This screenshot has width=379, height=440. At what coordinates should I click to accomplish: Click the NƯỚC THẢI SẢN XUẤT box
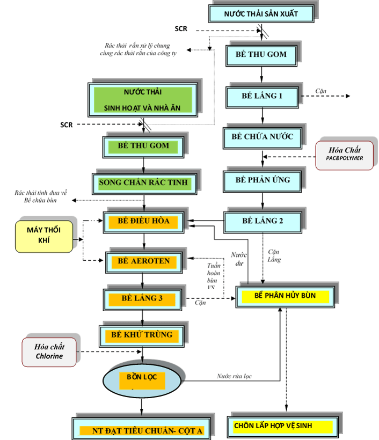coord(261,14)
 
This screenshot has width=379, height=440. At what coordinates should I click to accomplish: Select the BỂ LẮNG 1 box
coord(262,96)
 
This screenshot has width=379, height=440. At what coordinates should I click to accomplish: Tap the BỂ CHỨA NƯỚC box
coord(263,137)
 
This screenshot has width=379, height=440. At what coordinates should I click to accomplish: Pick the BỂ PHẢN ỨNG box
coord(263,180)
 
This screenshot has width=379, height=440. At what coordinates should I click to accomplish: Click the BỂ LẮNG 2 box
coord(263,221)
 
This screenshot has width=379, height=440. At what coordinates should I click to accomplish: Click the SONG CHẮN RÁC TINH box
coord(143,183)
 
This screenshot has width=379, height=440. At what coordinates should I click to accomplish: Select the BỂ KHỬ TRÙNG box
coord(142,335)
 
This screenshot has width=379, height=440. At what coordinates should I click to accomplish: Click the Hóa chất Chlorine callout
coord(49,351)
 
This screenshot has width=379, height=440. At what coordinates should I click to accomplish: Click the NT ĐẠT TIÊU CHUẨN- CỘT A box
coord(141,430)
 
